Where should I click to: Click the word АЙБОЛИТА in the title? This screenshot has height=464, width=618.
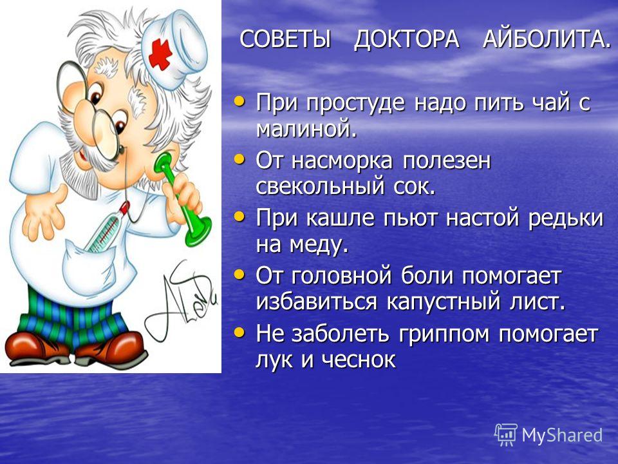(547, 39)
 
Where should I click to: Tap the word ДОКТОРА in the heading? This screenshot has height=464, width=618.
(406, 40)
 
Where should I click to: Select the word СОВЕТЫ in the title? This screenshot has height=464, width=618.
(285, 39)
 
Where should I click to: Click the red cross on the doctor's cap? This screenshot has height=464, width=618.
(160, 54)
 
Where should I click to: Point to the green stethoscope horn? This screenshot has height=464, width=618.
(185, 200)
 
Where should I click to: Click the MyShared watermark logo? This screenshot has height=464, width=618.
(548, 435)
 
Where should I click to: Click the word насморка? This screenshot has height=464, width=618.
(342, 161)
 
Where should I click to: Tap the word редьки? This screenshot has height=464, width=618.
(566, 218)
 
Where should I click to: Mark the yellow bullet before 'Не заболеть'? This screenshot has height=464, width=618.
(239, 333)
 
